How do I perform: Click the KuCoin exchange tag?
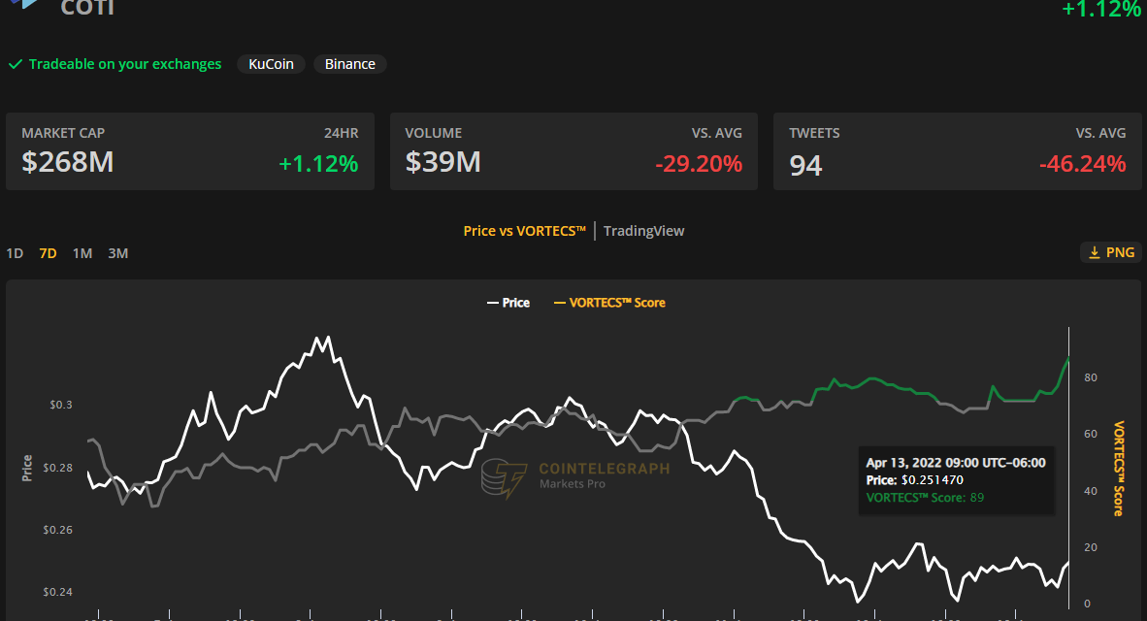272,64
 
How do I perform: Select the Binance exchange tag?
350,64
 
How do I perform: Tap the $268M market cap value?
68,163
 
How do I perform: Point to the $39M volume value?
443,163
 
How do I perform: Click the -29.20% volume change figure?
699,164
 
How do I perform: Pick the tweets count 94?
805,165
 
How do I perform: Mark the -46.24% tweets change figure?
1082,164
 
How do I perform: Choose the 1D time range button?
15,253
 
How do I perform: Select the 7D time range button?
48,253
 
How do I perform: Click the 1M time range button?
82,253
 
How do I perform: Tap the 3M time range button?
117,253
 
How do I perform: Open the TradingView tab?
643,231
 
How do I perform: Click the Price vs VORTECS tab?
524,231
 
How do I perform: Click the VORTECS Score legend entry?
608,303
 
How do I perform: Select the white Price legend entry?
508,303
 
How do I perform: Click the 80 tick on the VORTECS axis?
1092,377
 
